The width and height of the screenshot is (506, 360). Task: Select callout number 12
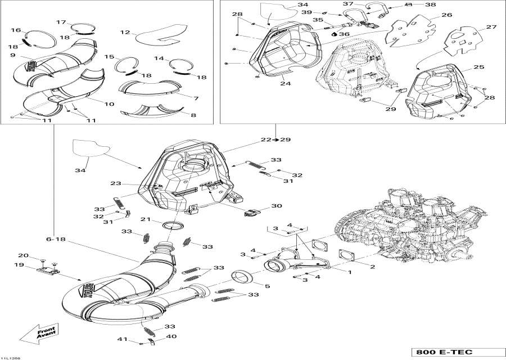click(125, 33)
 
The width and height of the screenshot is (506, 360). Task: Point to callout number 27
click(491, 27)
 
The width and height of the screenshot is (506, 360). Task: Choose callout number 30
click(275, 206)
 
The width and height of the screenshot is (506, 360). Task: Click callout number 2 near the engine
click(372, 264)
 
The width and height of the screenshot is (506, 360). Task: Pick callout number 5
click(267, 286)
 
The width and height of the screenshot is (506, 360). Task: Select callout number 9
click(12, 55)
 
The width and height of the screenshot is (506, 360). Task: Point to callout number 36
click(344, 34)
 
